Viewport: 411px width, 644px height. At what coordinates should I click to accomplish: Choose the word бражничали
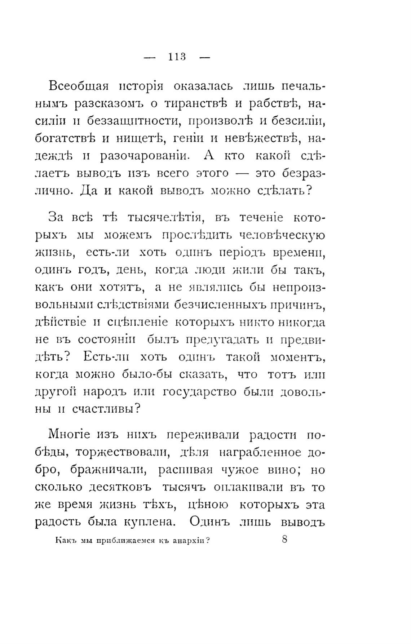pos(108,470)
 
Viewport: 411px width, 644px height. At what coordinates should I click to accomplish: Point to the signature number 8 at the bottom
pos(284,539)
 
